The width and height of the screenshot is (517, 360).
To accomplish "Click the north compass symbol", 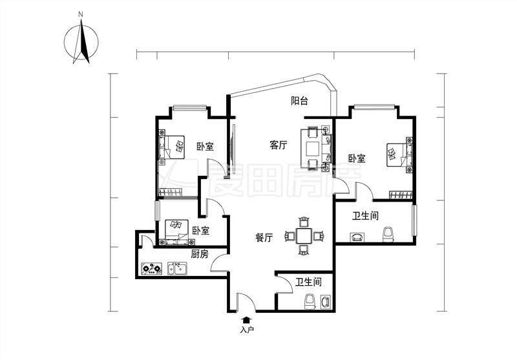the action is (x=81, y=41).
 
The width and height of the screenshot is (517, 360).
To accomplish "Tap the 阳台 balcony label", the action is (x=299, y=101).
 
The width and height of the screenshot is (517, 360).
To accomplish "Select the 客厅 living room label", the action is (x=279, y=145).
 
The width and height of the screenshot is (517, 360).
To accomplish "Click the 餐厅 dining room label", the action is (x=264, y=237).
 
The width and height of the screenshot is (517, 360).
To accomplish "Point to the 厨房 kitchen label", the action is (x=200, y=254).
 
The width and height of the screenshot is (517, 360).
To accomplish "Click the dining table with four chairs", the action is (x=304, y=236).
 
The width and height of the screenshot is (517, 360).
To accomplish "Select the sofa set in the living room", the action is (x=316, y=148).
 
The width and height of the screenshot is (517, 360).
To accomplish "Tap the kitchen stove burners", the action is (x=152, y=268).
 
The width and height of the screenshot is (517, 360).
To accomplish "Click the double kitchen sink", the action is (x=177, y=268).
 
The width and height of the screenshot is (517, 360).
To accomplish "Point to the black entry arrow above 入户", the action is (x=246, y=320).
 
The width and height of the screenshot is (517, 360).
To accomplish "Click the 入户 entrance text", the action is (x=247, y=330).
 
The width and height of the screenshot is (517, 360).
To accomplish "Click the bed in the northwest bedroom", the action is (x=171, y=147).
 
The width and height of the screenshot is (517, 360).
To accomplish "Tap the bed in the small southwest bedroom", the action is (x=176, y=233).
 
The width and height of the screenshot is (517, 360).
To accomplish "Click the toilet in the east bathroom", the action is (x=388, y=235).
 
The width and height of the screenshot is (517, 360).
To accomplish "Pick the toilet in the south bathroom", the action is (x=310, y=302).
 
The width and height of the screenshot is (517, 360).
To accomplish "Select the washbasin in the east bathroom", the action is (x=357, y=237).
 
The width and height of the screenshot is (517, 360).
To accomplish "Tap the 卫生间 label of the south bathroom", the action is (x=308, y=282).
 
